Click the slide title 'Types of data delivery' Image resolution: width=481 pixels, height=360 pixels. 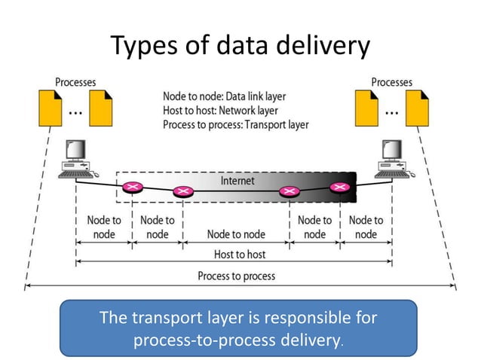point(240,46)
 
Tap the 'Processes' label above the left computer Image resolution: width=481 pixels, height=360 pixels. point(75,81)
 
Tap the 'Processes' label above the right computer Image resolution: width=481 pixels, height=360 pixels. point(391,81)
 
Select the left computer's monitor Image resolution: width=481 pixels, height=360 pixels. point(76,151)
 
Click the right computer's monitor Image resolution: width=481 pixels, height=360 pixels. point(391,151)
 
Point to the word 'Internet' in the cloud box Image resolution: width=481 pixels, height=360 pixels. point(237,181)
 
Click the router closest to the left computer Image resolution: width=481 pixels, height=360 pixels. point(133,186)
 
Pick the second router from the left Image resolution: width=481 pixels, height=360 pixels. point(182,192)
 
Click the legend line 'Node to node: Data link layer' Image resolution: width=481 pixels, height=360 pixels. point(224,96)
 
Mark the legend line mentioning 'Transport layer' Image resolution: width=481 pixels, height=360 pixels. point(235,124)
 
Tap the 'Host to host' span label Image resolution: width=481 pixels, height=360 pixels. point(240,255)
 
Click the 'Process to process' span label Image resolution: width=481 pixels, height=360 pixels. point(237,276)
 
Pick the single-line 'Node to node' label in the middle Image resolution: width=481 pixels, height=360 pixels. point(236,234)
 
